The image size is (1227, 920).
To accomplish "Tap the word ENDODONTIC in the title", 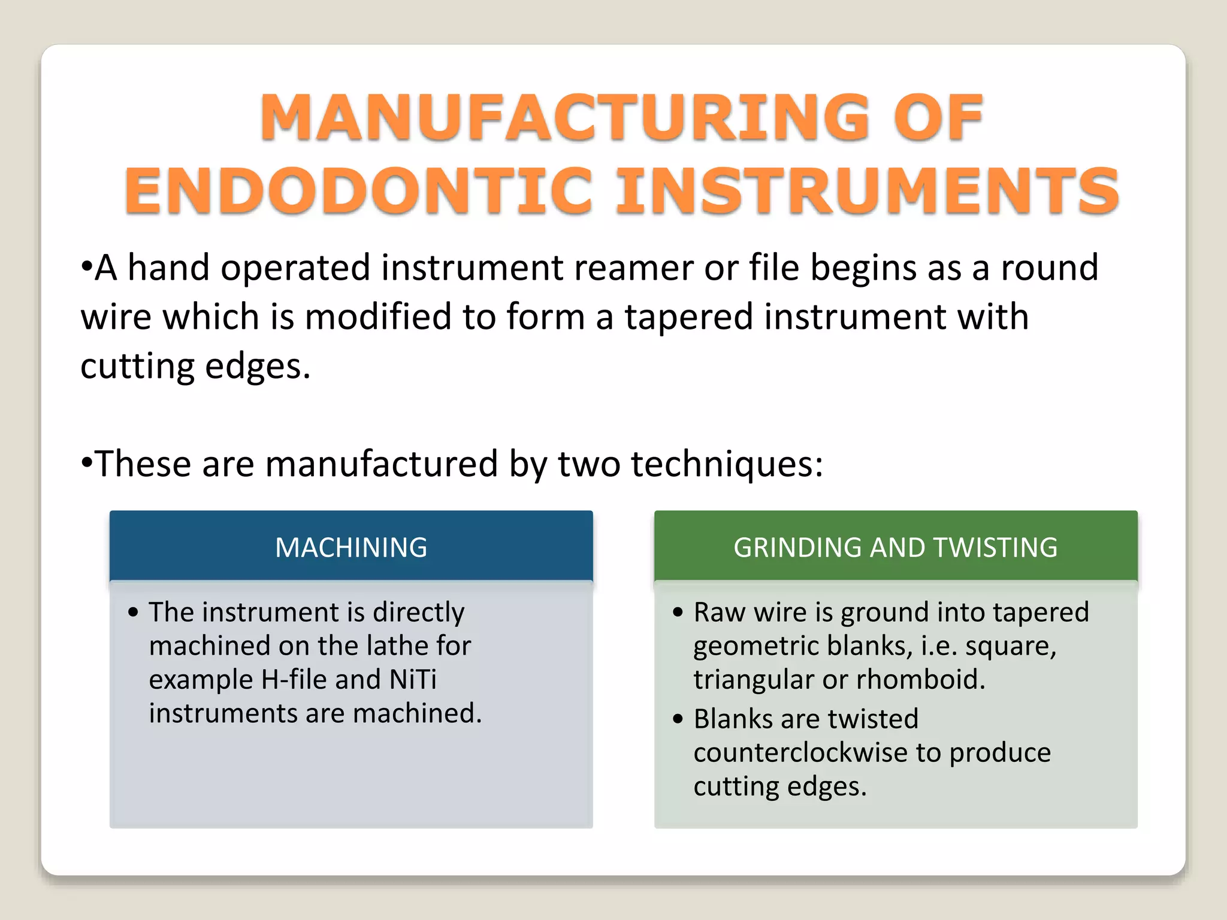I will (358, 191).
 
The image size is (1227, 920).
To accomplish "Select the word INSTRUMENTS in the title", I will (868, 191).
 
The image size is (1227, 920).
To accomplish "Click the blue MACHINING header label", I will (351, 547).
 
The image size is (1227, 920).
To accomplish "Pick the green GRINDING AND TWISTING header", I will (895, 547).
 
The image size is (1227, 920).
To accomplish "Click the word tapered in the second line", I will (688, 316).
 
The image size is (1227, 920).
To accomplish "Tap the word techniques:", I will (727, 464).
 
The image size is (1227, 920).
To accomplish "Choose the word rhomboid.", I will (920, 680).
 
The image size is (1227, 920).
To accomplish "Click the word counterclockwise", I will (800, 753).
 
